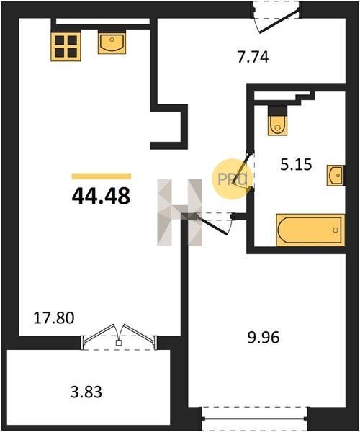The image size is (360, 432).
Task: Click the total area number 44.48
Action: pyautogui.click(x=101, y=196)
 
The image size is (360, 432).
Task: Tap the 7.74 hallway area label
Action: pyautogui.click(x=253, y=58)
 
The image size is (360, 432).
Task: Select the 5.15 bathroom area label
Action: pyautogui.click(x=296, y=165)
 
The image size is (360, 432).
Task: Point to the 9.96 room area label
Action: pyautogui.click(x=264, y=337)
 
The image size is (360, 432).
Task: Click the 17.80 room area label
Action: pyautogui.click(x=54, y=318)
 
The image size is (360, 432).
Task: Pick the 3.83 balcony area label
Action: pyautogui.click(x=86, y=392)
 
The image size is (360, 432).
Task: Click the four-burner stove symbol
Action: pyautogui.click(x=66, y=46)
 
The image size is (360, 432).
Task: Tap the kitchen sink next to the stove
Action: pyautogui.click(x=112, y=42)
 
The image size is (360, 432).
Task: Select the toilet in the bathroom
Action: pyautogui.click(x=277, y=121)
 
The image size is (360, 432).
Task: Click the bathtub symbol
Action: pyautogui.click(x=310, y=230)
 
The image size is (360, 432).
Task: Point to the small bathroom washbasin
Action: pyautogui.click(x=336, y=176)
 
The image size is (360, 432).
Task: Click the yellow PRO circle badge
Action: pyautogui.click(x=232, y=179)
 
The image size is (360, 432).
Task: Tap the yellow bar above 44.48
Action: pyautogui.click(x=102, y=176)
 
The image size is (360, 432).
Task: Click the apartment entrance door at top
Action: pyautogui.click(x=276, y=17)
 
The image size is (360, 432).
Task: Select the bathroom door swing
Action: pyautogui.click(x=244, y=171)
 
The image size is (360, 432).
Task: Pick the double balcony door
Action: pyautogui.click(x=119, y=337)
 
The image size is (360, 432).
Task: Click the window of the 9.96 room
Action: pyautogui.click(x=256, y=419)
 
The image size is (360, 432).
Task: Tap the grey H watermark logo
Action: pyautogui.click(x=179, y=212)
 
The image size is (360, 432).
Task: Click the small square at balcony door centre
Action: pyautogui.click(x=119, y=343)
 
